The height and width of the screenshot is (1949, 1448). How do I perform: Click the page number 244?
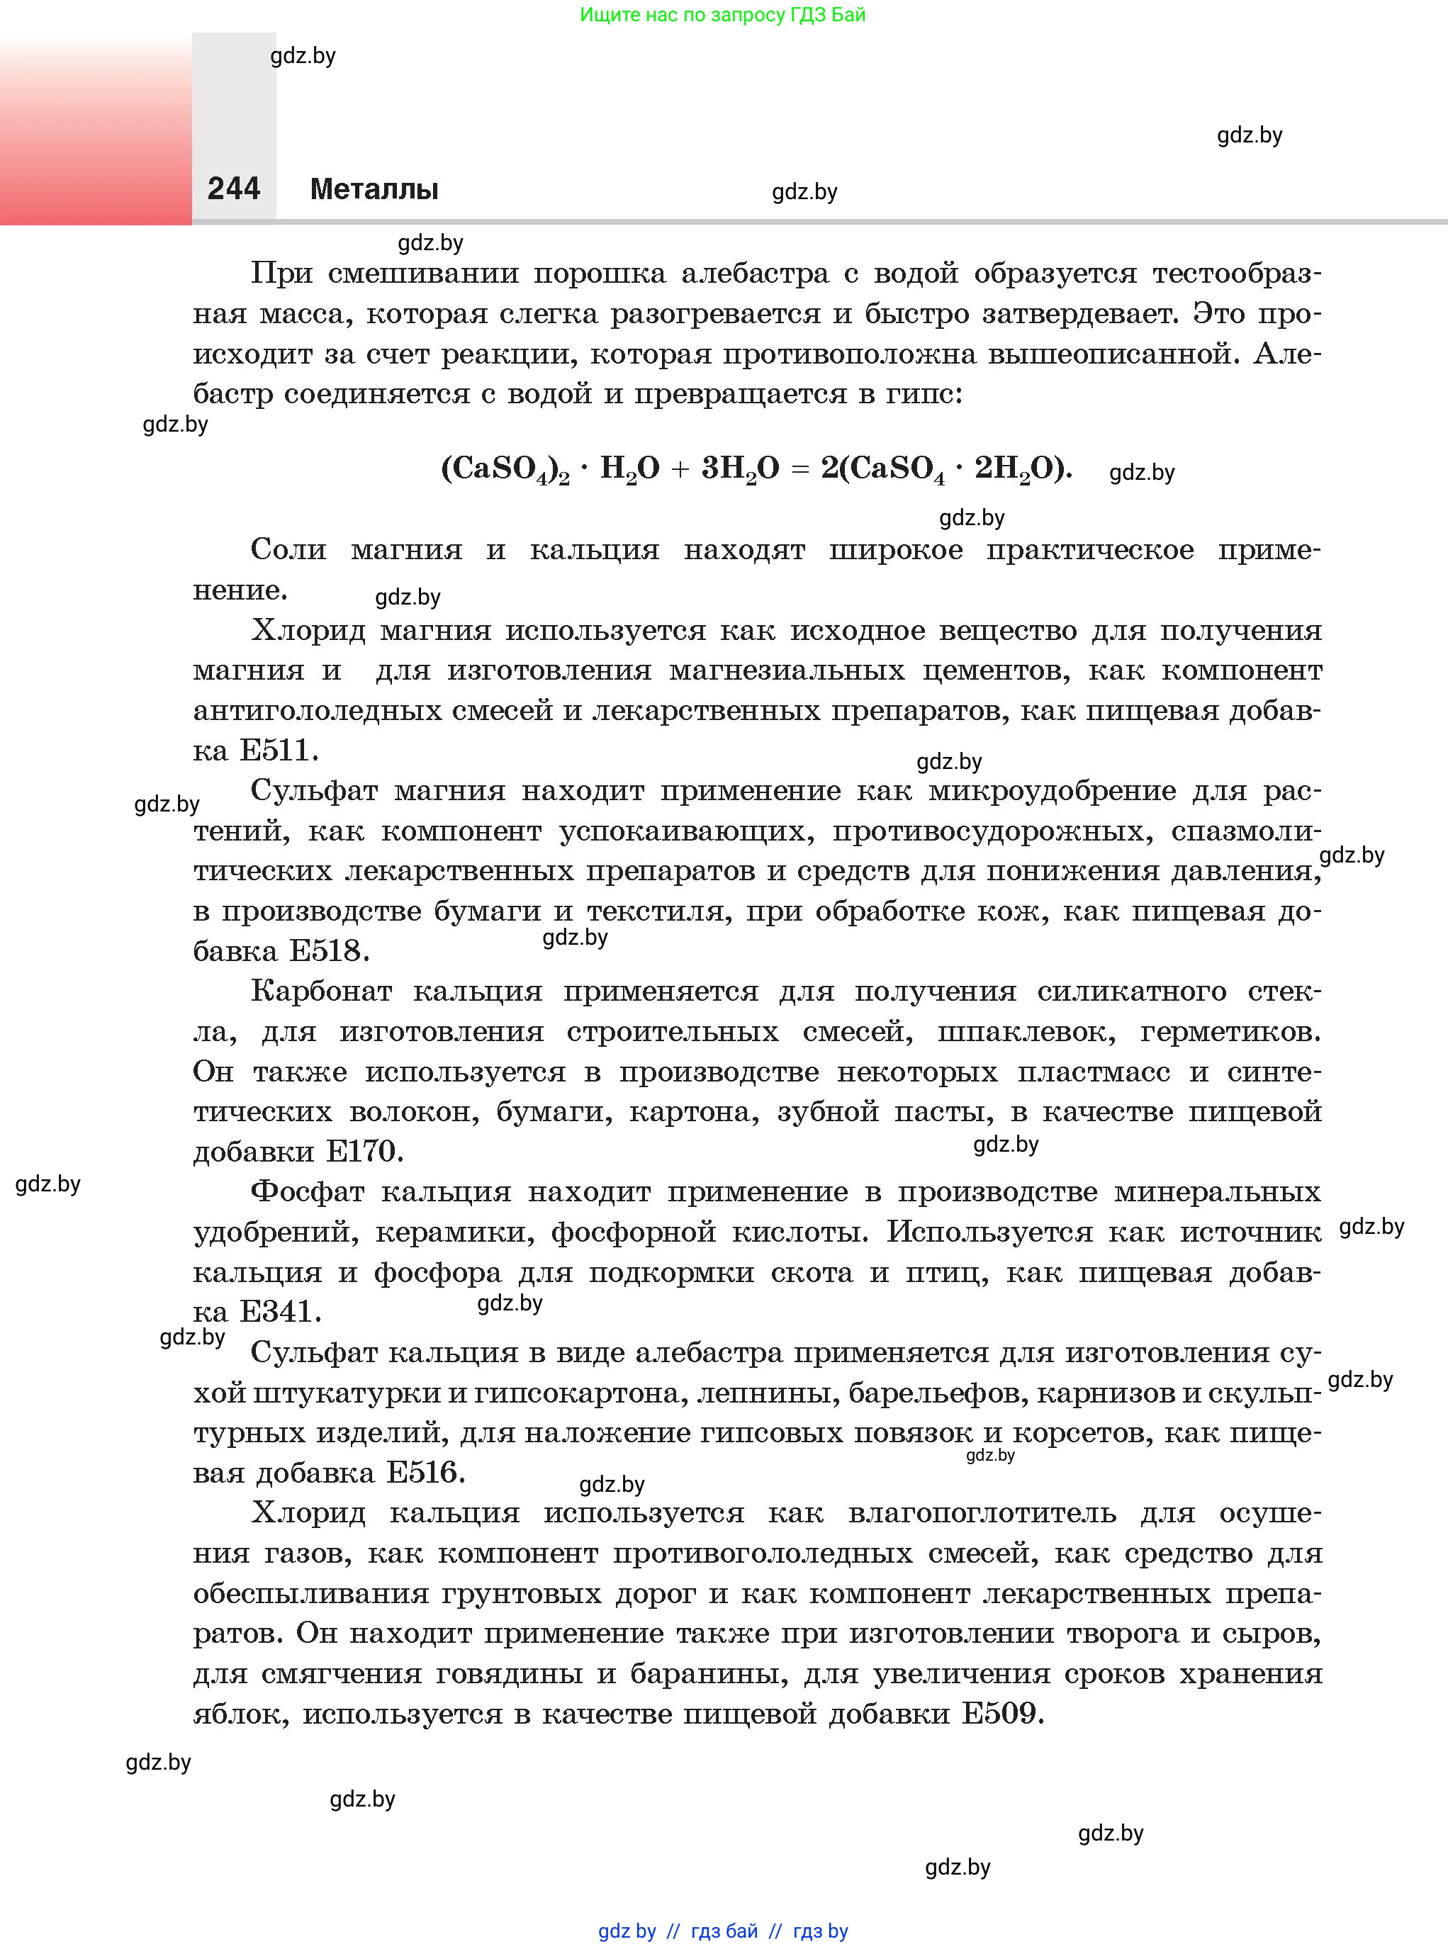coord(234,189)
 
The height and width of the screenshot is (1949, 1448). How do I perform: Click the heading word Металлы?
coord(374,189)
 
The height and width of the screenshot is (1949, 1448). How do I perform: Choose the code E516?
coord(426,1472)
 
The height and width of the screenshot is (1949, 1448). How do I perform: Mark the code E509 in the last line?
coord(1003,1712)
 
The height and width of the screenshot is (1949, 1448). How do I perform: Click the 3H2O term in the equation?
coord(741,469)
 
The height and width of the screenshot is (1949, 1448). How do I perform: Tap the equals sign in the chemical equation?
coord(799,470)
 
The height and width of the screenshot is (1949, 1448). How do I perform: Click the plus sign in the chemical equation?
coord(680,470)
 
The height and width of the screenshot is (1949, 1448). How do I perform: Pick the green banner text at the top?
coord(723,15)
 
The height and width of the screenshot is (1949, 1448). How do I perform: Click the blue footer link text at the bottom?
coord(723,1931)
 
